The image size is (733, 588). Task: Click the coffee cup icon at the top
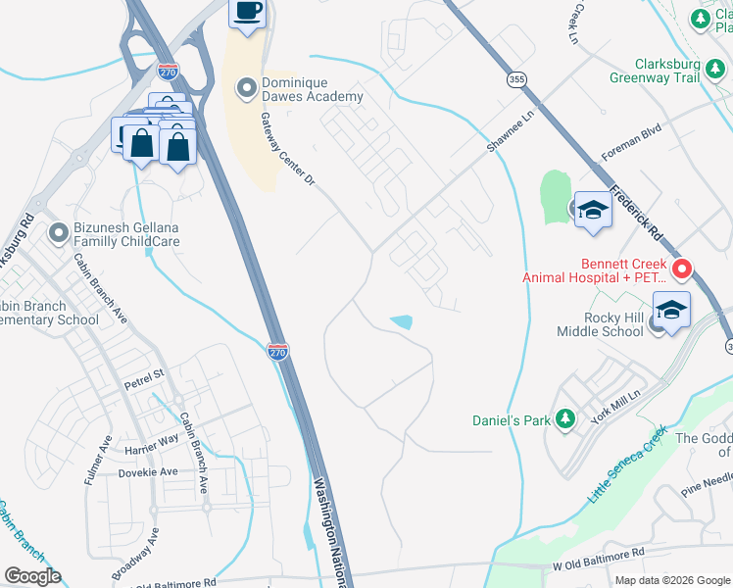click(x=247, y=13)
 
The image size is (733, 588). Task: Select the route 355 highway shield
click(x=516, y=78)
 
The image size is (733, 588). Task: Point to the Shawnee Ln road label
click(x=514, y=130)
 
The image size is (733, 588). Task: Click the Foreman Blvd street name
click(x=631, y=141)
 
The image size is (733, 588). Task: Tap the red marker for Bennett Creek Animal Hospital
click(x=682, y=268)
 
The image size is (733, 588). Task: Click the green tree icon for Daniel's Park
click(x=563, y=419)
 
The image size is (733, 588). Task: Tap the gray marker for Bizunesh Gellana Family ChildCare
click(x=59, y=233)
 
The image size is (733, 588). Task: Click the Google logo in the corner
click(x=32, y=576)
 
